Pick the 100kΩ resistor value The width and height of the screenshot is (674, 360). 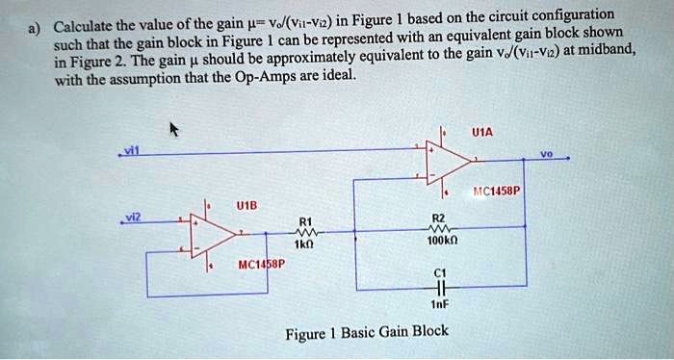click(x=438, y=245)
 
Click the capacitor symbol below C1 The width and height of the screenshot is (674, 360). click(x=438, y=288)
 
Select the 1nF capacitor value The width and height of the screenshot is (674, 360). click(x=438, y=304)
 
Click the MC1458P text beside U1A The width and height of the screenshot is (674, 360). click(x=496, y=191)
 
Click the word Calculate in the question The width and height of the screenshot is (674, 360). click(x=86, y=26)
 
